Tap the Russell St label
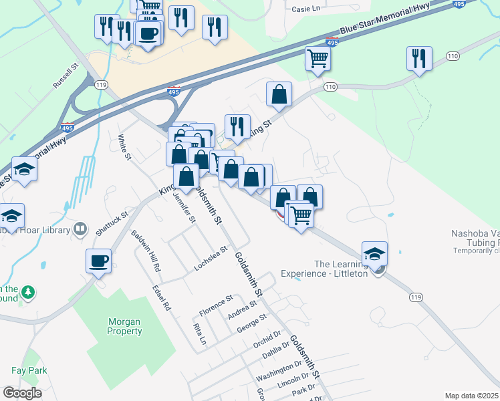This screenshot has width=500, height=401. [66, 76]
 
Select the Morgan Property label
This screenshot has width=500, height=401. [125, 326]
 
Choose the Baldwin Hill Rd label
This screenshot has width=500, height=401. [146, 251]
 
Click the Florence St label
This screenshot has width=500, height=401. [216, 305]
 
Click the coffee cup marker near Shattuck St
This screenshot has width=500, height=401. [99, 260]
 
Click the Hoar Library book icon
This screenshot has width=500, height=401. [80, 230]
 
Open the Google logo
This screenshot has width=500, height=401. [23, 393]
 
